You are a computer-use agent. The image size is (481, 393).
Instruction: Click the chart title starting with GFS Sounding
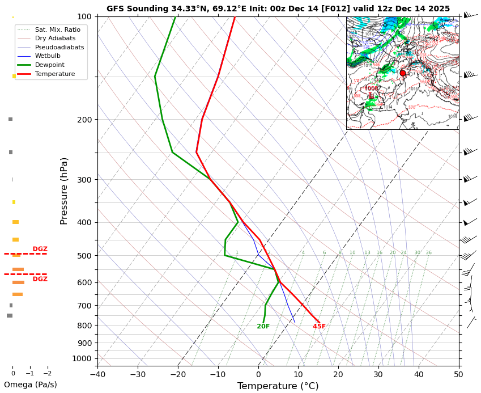278,9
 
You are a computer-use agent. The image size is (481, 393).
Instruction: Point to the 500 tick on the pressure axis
84,256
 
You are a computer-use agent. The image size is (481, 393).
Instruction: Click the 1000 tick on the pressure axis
82,358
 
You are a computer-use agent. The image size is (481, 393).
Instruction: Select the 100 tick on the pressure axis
84,16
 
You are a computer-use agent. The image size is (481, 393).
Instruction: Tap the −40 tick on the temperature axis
97,374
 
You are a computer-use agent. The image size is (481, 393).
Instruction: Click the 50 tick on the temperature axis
459,374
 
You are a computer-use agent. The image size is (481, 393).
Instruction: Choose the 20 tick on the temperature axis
338,374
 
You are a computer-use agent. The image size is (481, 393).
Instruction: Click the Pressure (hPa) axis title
65,191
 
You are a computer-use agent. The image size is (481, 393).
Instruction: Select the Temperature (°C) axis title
278,386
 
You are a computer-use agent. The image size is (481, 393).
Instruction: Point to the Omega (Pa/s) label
31,384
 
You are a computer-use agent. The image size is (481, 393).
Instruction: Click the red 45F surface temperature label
319,327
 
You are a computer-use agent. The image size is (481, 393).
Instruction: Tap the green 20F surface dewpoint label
263,327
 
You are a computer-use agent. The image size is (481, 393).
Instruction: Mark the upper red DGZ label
40,249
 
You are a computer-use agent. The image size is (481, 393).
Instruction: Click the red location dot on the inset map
403,73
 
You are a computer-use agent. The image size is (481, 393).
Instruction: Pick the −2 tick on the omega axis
47,373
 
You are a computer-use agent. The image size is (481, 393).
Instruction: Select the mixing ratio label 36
428,253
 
